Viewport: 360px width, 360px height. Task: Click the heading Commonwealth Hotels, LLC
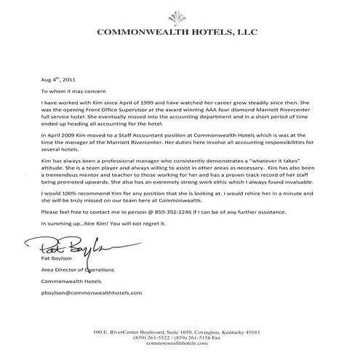tap(180, 33)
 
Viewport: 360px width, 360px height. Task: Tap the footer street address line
tap(180, 332)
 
